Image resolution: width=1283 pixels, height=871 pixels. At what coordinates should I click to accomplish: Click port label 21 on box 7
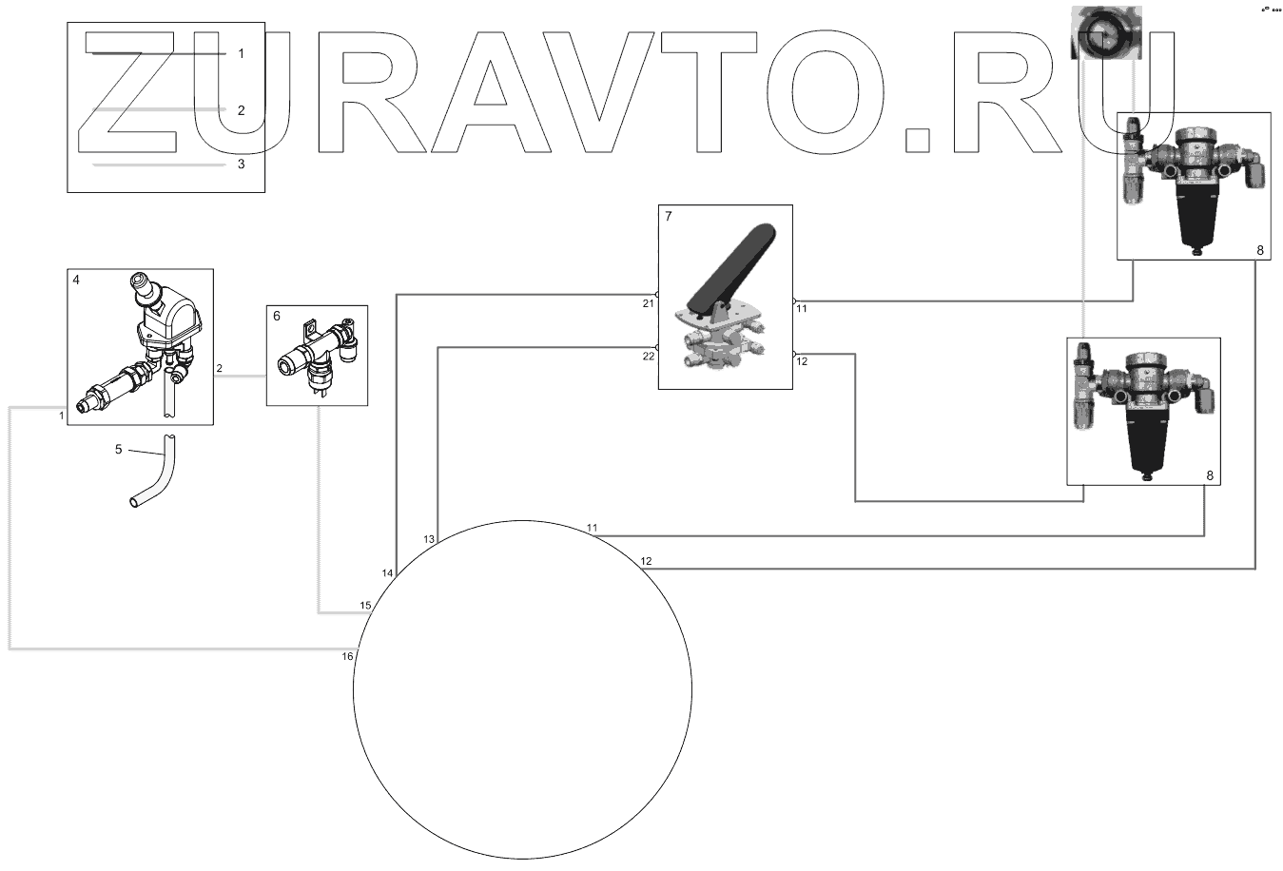pyautogui.click(x=649, y=304)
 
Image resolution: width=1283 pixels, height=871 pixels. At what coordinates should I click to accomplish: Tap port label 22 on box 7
pyautogui.click(x=649, y=357)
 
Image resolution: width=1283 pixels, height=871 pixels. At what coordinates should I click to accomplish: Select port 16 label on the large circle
pyautogui.click(x=347, y=656)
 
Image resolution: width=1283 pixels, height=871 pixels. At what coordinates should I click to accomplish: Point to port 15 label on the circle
pyautogui.click(x=365, y=606)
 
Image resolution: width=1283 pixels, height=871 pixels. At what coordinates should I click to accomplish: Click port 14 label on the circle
pyautogui.click(x=387, y=573)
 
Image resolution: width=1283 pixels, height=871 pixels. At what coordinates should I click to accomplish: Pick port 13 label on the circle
pyautogui.click(x=429, y=539)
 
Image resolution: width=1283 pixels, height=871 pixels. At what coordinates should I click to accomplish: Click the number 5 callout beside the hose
pyautogui.click(x=119, y=449)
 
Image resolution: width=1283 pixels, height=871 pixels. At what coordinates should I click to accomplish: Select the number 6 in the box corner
pyautogui.click(x=277, y=316)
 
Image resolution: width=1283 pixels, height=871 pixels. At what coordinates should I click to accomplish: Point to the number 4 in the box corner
pyautogui.click(x=77, y=281)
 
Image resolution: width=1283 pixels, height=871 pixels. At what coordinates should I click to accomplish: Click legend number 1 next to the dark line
pyautogui.click(x=241, y=53)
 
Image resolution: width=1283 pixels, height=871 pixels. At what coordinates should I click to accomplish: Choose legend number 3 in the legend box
pyautogui.click(x=241, y=164)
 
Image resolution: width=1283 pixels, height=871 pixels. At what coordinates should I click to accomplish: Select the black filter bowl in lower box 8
pyautogui.click(x=1151, y=437)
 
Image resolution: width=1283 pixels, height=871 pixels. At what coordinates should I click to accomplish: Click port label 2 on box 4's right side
pyautogui.click(x=220, y=368)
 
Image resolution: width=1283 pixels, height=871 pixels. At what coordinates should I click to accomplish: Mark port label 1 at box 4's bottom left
pyautogui.click(x=61, y=416)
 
